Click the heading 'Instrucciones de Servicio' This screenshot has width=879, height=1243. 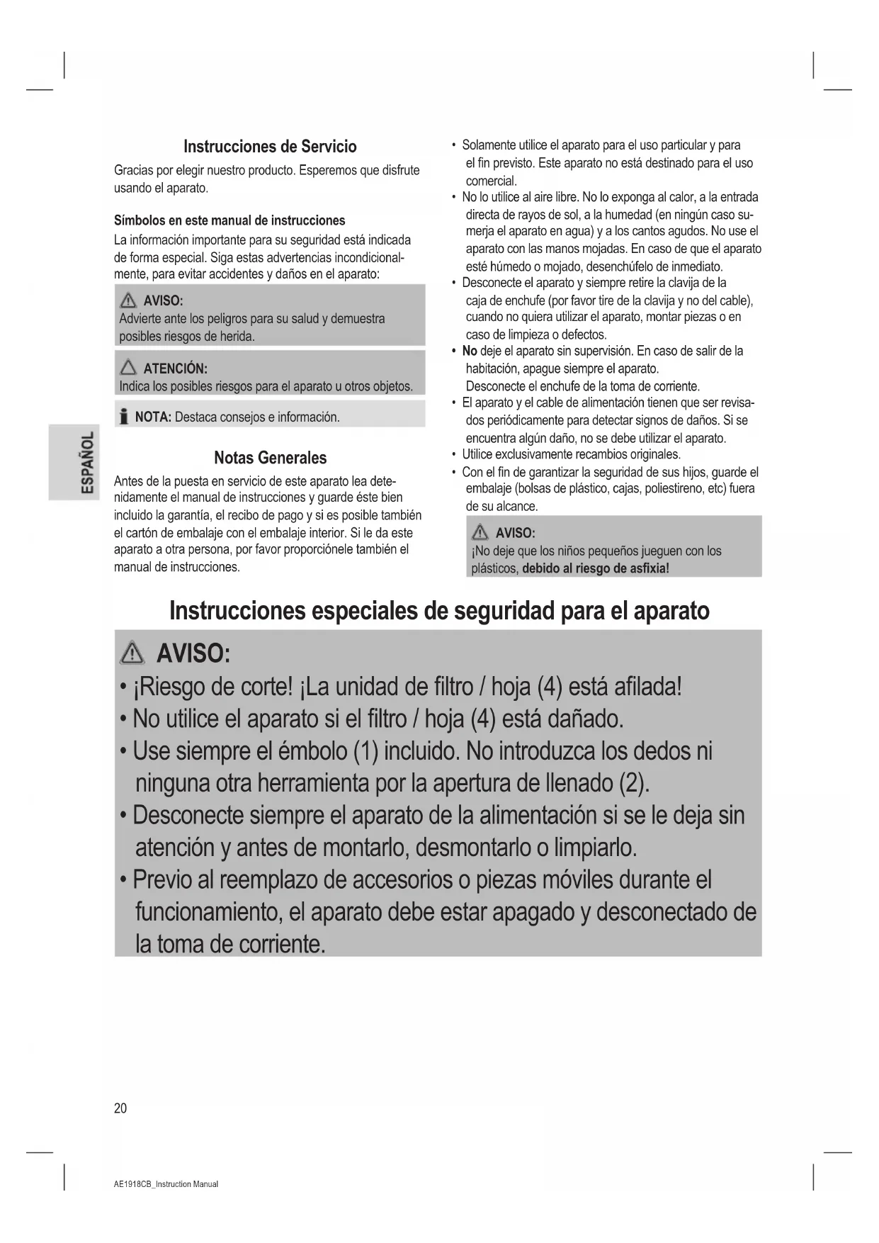270,147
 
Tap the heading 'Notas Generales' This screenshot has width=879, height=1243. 270,458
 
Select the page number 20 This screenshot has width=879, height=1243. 120,1108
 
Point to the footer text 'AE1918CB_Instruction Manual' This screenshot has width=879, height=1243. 166,1184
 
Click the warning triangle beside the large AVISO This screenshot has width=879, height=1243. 133,653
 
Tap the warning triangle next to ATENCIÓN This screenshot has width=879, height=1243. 128,368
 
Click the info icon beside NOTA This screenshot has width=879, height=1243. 124,417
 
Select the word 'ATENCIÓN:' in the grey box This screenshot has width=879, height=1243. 175,369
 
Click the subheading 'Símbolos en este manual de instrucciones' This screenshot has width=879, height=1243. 229,220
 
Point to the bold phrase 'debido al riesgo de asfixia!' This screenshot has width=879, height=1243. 596,568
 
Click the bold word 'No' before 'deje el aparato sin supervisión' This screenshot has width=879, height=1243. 470,351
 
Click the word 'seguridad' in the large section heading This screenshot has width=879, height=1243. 488,611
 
